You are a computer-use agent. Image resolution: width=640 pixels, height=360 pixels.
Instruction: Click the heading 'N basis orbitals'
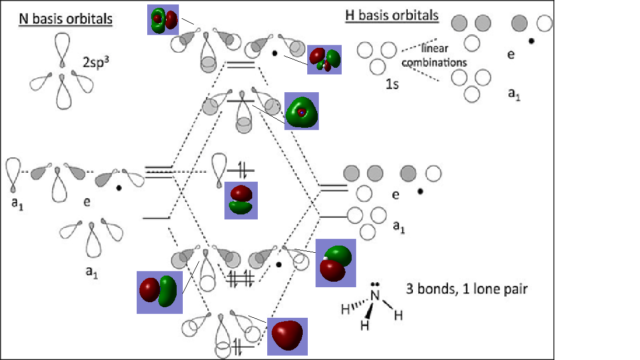click(66, 19)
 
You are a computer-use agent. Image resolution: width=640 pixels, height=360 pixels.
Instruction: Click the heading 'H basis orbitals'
click(392, 16)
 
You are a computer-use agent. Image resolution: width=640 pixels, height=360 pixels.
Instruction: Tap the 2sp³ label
click(96, 62)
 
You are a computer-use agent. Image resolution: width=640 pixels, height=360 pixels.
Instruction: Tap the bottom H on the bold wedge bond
click(365, 326)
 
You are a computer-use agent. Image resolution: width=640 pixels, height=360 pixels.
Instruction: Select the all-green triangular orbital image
click(302, 111)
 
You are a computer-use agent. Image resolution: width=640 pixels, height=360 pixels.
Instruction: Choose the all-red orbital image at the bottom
click(287, 336)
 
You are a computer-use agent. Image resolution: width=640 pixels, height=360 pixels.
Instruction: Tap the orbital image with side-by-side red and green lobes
click(159, 291)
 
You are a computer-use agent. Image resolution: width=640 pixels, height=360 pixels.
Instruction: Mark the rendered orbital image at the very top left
click(164, 20)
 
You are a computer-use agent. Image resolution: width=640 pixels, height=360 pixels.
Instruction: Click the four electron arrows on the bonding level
click(241, 278)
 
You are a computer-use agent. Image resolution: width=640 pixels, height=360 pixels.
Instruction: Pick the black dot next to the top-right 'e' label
click(532, 41)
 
